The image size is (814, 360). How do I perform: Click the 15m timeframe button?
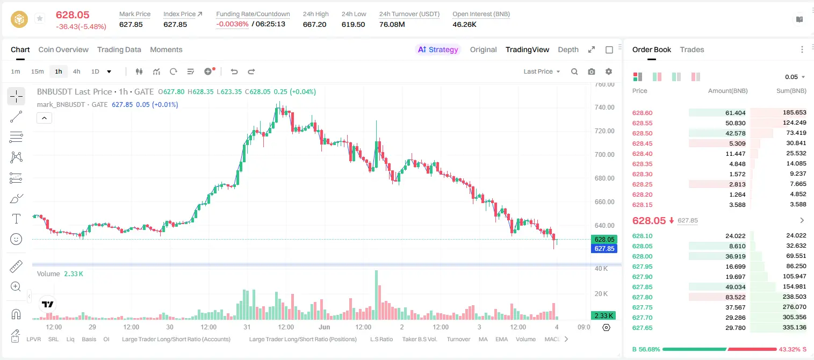click(x=38, y=71)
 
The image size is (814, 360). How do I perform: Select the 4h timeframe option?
click(x=76, y=71)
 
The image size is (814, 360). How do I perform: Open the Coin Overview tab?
click(x=63, y=49)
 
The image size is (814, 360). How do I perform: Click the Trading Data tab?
click(x=119, y=49)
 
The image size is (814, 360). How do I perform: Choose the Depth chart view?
click(x=568, y=49)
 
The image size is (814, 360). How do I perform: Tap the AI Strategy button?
click(x=438, y=49)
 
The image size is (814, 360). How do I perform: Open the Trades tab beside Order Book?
click(x=692, y=49)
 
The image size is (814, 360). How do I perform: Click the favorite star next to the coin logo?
click(x=40, y=18)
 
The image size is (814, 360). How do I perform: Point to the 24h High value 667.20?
click(x=315, y=24)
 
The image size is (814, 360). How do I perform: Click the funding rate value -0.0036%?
click(x=232, y=24)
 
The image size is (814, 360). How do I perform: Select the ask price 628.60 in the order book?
click(x=642, y=113)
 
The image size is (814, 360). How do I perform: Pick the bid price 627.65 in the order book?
click(x=642, y=328)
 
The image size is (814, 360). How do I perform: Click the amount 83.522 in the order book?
click(x=735, y=297)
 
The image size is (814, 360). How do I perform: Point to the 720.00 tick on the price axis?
click(x=604, y=131)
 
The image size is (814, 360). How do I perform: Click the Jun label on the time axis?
click(x=324, y=327)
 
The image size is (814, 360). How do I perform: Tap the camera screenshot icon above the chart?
click(x=592, y=71)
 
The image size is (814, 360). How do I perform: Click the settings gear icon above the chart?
click(x=609, y=71)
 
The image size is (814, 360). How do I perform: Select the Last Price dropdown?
click(x=542, y=71)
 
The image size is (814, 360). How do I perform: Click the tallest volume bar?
click(x=377, y=295)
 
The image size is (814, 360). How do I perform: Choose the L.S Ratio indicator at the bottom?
click(x=381, y=339)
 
